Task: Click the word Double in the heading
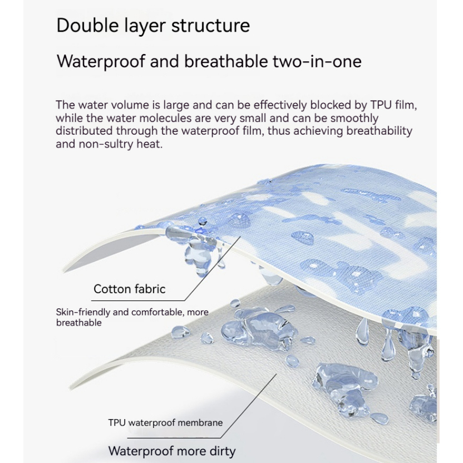[88, 26]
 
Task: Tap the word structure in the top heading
[210, 26]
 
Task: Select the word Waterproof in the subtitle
[101, 62]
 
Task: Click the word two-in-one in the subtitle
[317, 61]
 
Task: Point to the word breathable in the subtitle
[226, 61]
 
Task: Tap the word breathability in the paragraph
[379, 131]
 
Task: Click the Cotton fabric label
[129, 289]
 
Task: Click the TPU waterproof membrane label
[165, 423]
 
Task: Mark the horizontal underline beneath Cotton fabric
[138, 301]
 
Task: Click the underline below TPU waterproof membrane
[174, 438]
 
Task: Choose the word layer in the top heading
[145, 27]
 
